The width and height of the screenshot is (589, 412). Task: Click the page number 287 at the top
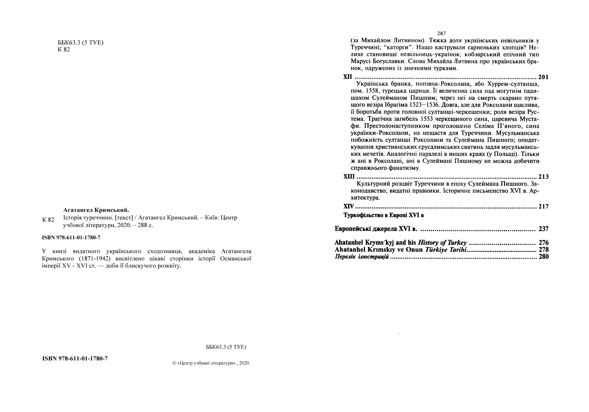tap(442, 34)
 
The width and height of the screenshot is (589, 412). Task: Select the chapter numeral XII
tap(348, 77)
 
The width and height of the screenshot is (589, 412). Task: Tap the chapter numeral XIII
tap(349, 176)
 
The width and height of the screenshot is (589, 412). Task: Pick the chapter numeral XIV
tap(348, 206)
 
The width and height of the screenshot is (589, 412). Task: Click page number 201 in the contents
tap(543, 77)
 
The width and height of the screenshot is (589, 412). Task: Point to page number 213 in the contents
tap(543, 177)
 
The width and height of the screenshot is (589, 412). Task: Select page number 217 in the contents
tap(543, 207)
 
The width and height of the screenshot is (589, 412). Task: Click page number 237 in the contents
tap(543, 229)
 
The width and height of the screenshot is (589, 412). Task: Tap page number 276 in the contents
tap(543, 243)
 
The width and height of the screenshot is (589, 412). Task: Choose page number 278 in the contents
tap(543, 250)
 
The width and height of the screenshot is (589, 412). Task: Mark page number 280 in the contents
tap(543, 257)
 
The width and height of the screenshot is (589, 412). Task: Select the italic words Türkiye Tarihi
tap(446, 250)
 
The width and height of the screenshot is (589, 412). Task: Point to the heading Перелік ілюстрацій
tap(362, 257)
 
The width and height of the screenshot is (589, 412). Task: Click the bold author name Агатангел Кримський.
tap(96, 210)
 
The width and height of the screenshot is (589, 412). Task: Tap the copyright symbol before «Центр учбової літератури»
tap(174, 363)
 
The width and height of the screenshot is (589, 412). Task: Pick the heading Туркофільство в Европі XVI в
tap(384, 215)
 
